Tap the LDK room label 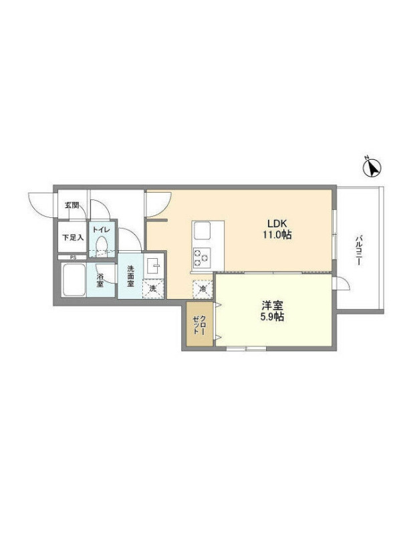pos(278,224)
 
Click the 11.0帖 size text pos(277,235)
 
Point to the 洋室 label pos(273,305)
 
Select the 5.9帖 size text pos(272,316)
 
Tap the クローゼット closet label pos(199,325)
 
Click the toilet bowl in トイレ pos(102,244)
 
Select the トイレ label pos(102,229)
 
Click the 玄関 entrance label pos(72,205)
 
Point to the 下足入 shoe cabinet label pos(72,237)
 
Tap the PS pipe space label pos(73,257)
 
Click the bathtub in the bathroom pos(74,280)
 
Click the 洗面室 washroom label pos(130,276)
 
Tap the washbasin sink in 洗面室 pos(154,265)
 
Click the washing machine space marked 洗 pos(153,289)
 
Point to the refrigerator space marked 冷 pos(203,289)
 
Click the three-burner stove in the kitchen pos(202,257)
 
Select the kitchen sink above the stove pos(203,231)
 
